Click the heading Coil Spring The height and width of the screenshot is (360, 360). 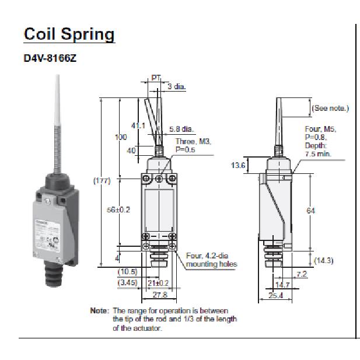click(x=69, y=34)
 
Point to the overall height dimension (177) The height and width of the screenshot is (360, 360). click(x=103, y=181)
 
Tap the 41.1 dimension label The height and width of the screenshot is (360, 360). click(x=138, y=125)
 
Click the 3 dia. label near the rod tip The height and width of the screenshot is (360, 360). click(x=176, y=86)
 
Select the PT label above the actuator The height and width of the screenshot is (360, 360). click(x=156, y=78)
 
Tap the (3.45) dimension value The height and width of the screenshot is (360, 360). click(x=128, y=283)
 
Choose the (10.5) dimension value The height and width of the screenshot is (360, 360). click(x=128, y=272)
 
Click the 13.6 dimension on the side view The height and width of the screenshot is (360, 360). click(x=238, y=166)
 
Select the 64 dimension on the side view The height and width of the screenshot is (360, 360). click(x=310, y=211)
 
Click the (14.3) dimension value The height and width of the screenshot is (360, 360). click(x=323, y=260)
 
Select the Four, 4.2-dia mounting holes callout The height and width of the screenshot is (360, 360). click(x=211, y=260)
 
